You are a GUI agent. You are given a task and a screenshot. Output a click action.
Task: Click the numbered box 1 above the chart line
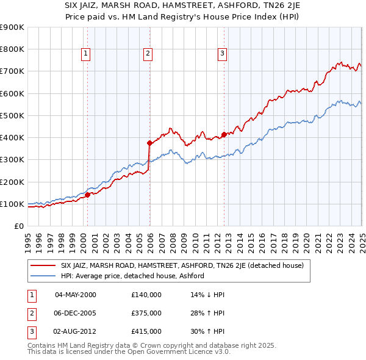[85, 54]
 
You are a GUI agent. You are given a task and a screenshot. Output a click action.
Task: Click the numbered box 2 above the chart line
[148, 54]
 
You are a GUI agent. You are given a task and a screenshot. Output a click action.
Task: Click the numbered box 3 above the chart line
[222, 54]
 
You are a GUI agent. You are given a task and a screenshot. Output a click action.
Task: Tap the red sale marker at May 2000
[87, 195]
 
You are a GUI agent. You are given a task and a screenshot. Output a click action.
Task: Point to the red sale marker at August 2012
[224, 134]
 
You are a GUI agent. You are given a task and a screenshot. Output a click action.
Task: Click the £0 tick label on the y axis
[18, 226]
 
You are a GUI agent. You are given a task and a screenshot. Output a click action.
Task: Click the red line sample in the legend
[43, 265]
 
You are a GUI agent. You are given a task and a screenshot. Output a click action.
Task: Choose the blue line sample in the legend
[43, 276]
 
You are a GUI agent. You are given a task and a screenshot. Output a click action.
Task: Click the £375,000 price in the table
[146, 313]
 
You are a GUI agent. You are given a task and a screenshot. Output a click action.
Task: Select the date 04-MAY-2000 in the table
[76, 295]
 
